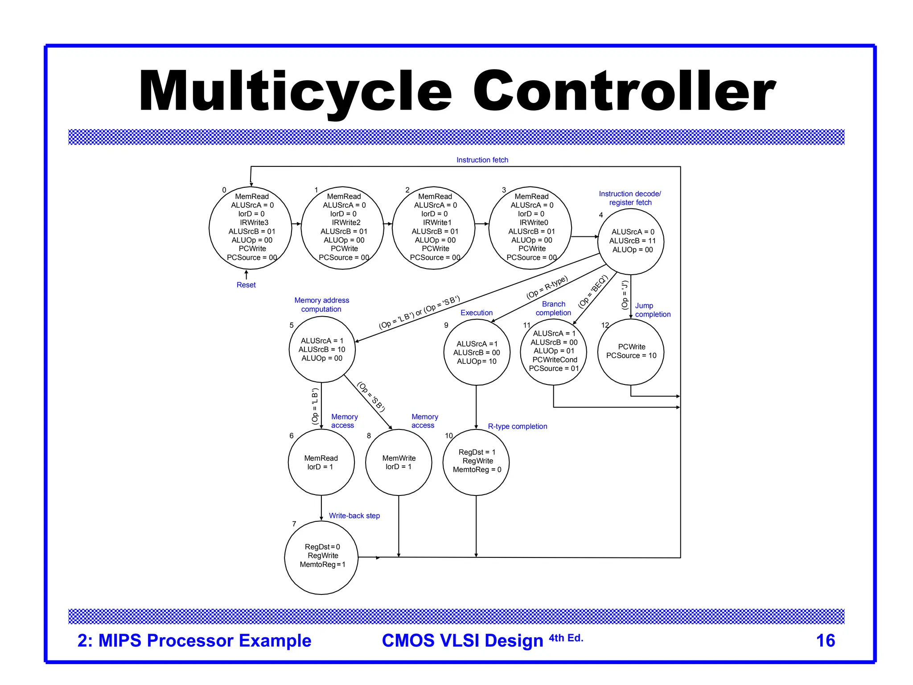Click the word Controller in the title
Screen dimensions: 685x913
click(624, 91)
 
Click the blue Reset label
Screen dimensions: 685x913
click(246, 285)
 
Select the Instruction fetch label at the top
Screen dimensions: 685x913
click(482, 160)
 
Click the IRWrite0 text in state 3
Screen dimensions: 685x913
click(534, 223)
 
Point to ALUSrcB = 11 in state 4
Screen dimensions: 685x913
click(632, 241)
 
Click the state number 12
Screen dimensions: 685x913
click(605, 325)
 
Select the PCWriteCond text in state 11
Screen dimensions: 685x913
click(555, 359)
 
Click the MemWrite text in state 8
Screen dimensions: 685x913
click(399, 458)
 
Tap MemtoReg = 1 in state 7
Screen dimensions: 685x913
click(322, 565)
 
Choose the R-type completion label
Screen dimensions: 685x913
click(517, 426)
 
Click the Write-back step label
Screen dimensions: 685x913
click(354, 516)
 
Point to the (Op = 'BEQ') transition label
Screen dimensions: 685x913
click(592, 292)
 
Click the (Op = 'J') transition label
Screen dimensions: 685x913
click(625, 295)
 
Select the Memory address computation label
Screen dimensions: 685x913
click(321, 305)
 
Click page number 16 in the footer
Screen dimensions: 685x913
click(825, 640)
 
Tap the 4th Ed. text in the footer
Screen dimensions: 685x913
click(566, 638)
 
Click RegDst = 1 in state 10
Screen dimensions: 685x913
click(477, 452)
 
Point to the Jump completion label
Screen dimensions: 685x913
click(652, 310)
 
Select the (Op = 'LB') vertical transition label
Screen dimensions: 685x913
click(315, 406)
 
